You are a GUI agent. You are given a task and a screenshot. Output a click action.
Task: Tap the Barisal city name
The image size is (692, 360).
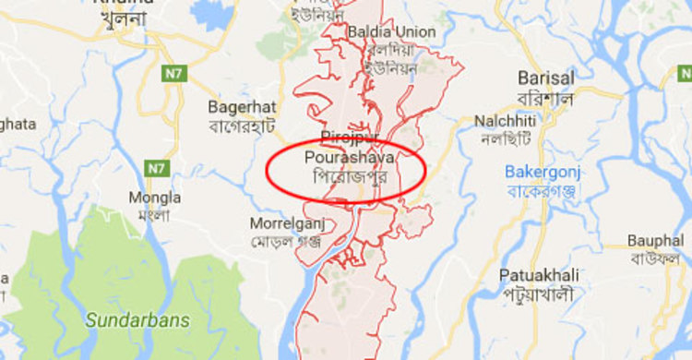pos(546,78)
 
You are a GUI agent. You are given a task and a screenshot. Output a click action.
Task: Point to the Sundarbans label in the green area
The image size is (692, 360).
pos(137,320)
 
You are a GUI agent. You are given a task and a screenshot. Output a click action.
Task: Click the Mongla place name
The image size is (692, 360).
pos(155,198)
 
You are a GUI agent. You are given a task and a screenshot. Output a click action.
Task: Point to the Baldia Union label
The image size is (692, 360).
pos(390,32)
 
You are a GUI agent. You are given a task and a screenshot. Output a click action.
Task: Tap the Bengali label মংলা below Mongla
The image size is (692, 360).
pos(155,216)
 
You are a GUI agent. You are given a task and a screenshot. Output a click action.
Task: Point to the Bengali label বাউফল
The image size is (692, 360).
pos(655,258)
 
